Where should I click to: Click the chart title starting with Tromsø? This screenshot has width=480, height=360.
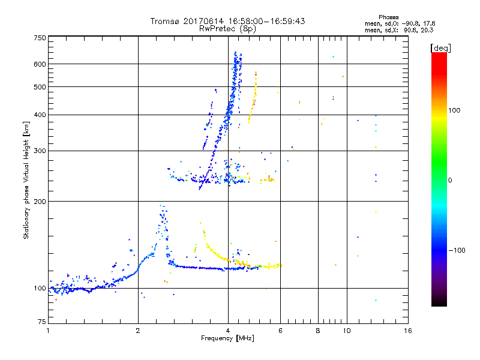[227, 21]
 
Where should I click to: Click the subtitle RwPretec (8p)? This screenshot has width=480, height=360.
[227, 28]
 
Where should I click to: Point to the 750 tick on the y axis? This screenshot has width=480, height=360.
[40, 38]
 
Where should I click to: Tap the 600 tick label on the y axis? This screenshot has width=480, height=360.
[40, 64]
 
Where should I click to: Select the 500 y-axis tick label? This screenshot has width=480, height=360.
[40, 87]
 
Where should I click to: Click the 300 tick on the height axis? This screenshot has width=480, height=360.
[40, 151]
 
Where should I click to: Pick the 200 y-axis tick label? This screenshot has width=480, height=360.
[40, 202]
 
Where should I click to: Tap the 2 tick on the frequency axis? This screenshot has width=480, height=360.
[138, 331]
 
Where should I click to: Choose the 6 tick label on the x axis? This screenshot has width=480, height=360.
[280, 331]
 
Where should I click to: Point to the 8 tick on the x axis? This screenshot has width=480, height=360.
[318, 331]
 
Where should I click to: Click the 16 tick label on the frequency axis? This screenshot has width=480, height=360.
[407, 331]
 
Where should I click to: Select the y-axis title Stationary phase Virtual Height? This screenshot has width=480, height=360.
[26, 180]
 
